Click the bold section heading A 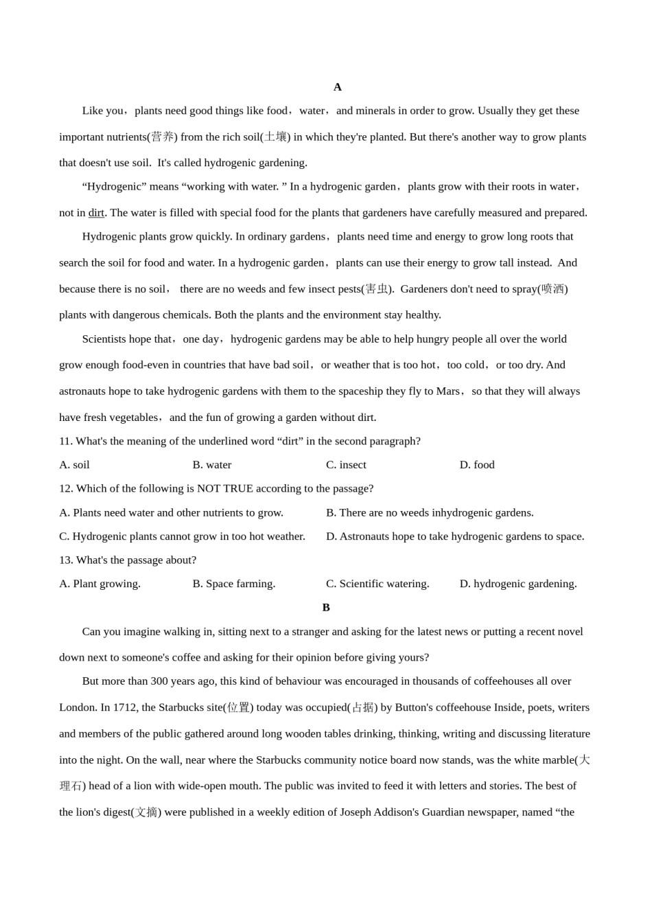pos(337,87)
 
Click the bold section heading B pos(326,608)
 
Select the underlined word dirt pos(96,213)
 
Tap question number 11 pos(65,441)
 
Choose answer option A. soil pos(74,465)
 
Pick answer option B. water pos(212,465)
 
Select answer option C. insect pos(346,465)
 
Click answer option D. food pos(477,465)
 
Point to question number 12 pos(65,488)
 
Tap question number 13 pos(65,560)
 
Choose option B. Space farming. pos(234,584)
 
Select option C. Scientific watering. pos(377,584)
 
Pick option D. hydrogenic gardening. pos(518,584)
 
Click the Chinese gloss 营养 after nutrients pos(163,137)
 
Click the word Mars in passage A pos(447,391)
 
